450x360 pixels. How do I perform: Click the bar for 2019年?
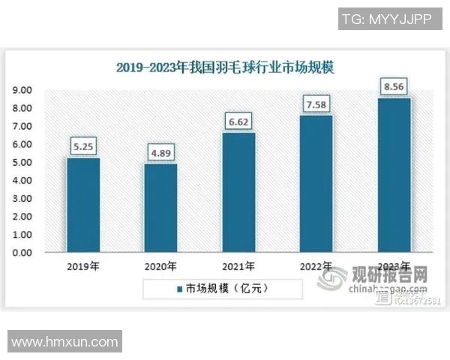83,205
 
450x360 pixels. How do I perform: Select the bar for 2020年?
160,208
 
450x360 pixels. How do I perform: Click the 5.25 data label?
83,147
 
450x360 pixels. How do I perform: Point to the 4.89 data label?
160,154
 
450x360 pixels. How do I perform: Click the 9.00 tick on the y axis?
22,90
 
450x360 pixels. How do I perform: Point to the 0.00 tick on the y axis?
22,253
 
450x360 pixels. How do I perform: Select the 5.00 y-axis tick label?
22,162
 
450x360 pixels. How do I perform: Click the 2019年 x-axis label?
83,266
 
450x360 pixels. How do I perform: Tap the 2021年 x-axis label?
238,266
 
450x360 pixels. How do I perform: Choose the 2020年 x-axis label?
160,266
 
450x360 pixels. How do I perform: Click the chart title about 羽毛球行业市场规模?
225,67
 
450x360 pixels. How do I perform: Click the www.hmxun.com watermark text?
65,342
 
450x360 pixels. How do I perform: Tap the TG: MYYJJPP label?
386,20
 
